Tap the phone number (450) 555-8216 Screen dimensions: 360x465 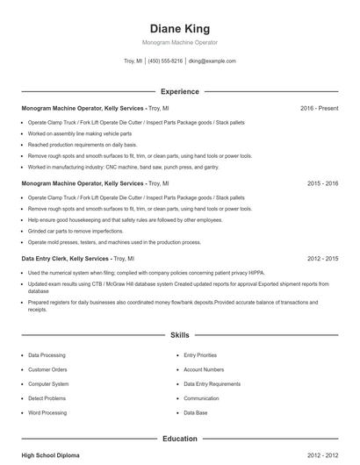pos(165,61)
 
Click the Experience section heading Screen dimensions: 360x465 pos(179,91)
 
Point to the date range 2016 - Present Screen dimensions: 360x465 pos(319,108)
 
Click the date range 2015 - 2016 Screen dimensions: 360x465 pos(322,183)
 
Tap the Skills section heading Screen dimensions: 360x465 pos(179,335)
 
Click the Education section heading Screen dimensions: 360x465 pos(179,438)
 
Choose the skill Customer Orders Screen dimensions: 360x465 pos(47,369)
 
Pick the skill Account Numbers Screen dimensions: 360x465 pos(204,369)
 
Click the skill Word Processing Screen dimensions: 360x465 pos(47,411)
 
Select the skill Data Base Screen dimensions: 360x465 pos(196,411)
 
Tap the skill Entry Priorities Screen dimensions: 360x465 pos(200,355)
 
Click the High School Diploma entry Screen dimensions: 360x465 pos(51,455)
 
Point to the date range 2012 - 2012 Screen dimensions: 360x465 pos(322,455)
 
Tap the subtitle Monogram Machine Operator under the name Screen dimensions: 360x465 pos(179,42)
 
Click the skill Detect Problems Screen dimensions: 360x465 pos(47,397)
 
